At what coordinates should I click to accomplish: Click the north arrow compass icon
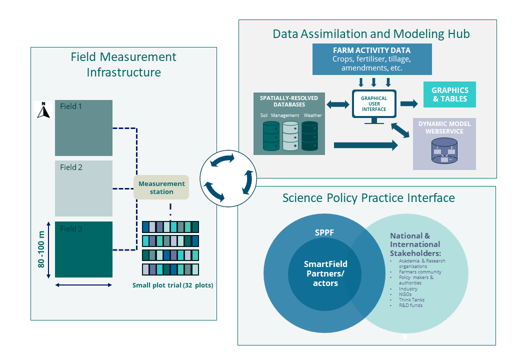click(x=44, y=110)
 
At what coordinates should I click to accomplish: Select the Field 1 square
click(x=83, y=128)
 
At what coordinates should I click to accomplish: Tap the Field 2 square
click(x=83, y=188)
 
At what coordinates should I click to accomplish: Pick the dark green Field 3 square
click(x=83, y=249)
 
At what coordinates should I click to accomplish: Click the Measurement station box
click(x=161, y=187)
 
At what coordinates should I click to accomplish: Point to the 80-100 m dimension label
click(x=42, y=249)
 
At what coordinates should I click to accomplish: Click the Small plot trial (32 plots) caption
click(x=172, y=285)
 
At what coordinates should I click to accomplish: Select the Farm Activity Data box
click(x=371, y=58)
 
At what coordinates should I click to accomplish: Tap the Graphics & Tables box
click(x=449, y=94)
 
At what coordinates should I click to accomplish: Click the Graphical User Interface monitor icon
click(x=374, y=106)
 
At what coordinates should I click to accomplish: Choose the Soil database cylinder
click(x=271, y=136)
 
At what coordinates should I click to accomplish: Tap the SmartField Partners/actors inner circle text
click(x=325, y=273)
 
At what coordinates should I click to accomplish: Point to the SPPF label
click(x=324, y=232)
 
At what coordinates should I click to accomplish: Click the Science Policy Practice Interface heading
click(x=368, y=198)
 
